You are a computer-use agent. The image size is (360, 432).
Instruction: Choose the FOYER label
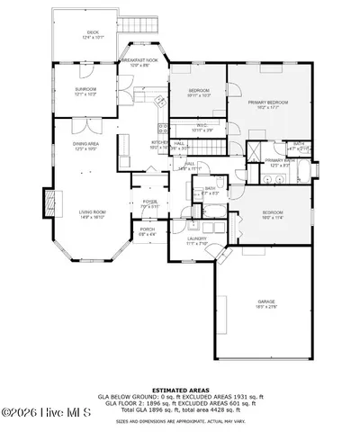pyautogui.click(x=148, y=203)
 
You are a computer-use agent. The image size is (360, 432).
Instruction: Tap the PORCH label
pyautogui.click(x=147, y=231)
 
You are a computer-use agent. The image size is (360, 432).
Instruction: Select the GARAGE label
pyautogui.click(x=265, y=302)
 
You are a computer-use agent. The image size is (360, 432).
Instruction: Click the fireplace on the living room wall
pyautogui.click(x=48, y=200)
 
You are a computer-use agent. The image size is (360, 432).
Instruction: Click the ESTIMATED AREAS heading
pyautogui.click(x=180, y=389)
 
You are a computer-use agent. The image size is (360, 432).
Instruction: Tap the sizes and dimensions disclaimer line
pyautogui.click(x=180, y=419)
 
